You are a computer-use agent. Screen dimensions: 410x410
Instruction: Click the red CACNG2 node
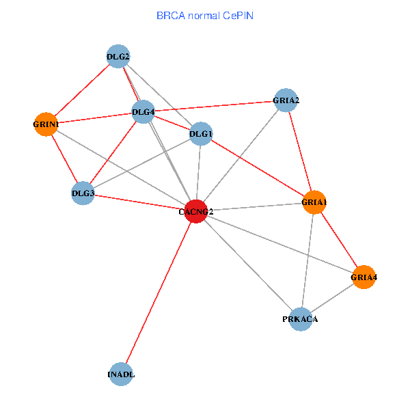(x=196, y=211)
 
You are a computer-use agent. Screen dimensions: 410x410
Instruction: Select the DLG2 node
(x=118, y=57)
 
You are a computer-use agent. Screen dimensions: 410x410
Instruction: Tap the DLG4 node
(x=143, y=112)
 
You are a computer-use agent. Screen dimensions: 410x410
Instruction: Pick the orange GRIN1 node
(x=46, y=124)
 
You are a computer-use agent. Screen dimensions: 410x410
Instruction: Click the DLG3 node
(x=83, y=193)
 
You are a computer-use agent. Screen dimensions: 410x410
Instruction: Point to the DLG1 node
(x=200, y=133)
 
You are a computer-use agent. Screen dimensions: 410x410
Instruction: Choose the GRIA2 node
(x=286, y=100)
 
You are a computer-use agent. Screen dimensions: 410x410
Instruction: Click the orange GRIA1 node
(x=314, y=202)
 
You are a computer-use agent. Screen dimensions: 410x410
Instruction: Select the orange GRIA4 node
(x=364, y=277)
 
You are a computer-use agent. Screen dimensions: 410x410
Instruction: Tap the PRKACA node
(x=300, y=319)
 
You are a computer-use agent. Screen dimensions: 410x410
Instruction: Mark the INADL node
(x=120, y=374)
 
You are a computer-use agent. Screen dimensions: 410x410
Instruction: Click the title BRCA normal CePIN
(x=204, y=14)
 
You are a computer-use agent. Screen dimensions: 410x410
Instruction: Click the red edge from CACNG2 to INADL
(x=159, y=292)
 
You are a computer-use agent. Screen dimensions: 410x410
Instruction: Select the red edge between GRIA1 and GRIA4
(x=339, y=239)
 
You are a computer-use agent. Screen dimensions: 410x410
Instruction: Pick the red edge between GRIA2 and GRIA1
(x=300, y=151)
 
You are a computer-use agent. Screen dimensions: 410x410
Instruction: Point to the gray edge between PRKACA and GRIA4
(x=332, y=298)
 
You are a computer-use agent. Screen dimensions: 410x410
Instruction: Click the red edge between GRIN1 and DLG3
(x=64, y=159)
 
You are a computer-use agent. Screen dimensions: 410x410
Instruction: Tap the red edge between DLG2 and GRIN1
(x=82, y=90)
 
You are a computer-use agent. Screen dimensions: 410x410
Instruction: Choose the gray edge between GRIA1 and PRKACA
(x=307, y=260)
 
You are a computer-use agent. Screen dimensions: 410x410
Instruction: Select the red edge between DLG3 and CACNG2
(x=139, y=202)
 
